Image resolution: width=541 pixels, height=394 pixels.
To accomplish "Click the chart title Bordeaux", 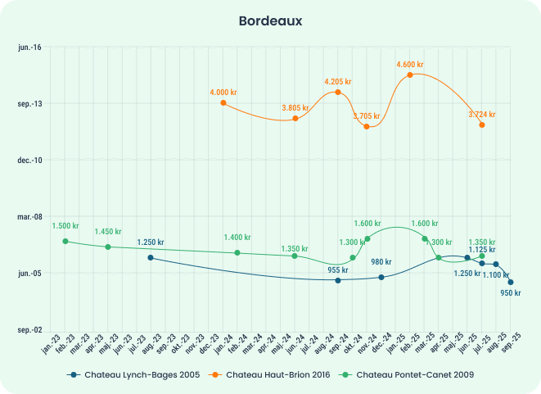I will [270, 20].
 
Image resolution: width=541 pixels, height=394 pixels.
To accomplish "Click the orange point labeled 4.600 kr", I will [410, 75].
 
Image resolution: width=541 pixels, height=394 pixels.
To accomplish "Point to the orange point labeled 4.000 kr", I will [223, 103].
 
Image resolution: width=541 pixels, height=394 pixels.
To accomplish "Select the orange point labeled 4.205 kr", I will [337, 92].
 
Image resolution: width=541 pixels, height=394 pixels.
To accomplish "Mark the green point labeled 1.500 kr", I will [65, 241].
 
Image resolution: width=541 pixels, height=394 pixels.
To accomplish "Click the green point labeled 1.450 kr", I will [107, 247].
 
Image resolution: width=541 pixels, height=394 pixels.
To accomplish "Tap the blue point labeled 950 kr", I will [511, 282].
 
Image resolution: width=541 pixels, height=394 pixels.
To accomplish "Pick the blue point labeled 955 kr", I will [337, 280].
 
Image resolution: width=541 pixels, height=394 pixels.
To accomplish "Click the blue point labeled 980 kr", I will [381, 277].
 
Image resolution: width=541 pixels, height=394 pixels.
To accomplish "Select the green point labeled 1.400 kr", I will [237, 252].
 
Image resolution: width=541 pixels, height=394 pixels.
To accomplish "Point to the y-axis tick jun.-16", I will [29, 48].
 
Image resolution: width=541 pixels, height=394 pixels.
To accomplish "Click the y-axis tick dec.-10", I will [29, 160].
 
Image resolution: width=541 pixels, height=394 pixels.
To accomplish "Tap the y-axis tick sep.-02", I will [29, 329].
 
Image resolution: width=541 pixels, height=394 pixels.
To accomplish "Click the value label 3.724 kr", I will [482, 114].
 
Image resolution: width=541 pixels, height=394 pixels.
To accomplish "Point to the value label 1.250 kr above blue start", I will [151, 242].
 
